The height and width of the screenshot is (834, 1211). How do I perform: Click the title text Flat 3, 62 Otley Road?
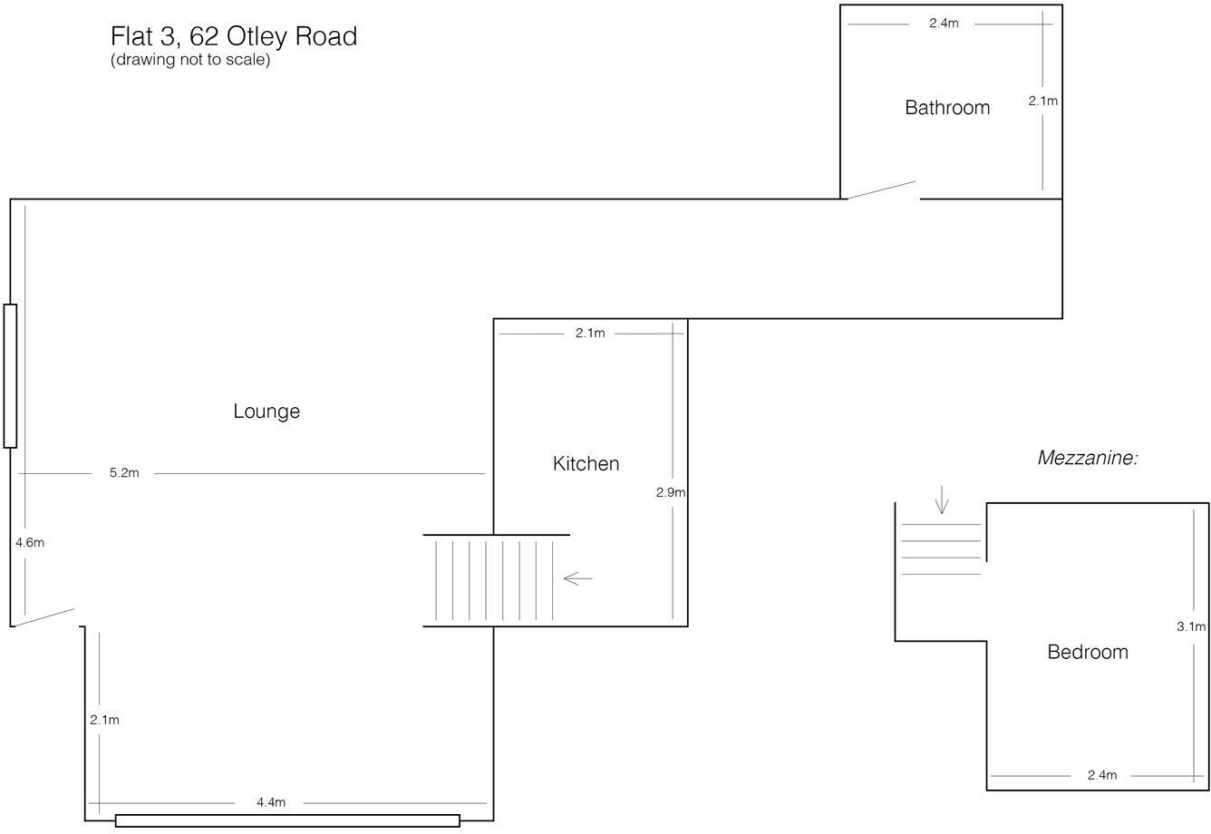[x=234, y=36]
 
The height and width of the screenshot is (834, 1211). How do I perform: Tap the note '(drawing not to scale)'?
[x=190, y=61]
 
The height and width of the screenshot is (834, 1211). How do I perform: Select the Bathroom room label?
[x=947, y=108]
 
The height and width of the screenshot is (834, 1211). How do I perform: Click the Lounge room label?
[x=266, y=412]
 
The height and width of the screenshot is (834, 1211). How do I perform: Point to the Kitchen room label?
[x=586, y=464]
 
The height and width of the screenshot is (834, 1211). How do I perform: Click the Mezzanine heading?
[x=1087, y=459]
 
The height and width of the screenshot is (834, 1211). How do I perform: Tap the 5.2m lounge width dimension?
[x=124, y=473]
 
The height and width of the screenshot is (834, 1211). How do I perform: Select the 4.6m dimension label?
[x=30, y=543]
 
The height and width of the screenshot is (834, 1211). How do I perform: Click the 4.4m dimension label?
[x=271, y=802]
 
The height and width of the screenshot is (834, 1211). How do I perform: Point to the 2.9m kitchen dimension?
[x=671, y=493]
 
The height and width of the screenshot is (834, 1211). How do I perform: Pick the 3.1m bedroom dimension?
[x=1191, y=626]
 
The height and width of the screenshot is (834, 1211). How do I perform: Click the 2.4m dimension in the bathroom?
[x=944, y=24]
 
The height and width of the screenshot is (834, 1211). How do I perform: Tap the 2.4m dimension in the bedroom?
[x=1102, y=775]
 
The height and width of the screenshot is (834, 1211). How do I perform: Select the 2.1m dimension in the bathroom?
[x=1042, y=102]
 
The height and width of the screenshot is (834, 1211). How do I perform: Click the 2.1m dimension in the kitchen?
[x=590, y=334]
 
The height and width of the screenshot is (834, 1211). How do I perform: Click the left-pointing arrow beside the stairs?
[x=577, y=578]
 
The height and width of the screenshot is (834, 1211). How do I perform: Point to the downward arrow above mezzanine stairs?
[x=942, y=499]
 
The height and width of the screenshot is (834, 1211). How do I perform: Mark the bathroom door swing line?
[x=881, y=190]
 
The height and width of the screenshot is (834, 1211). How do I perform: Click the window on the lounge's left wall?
[x=10, y=376]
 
